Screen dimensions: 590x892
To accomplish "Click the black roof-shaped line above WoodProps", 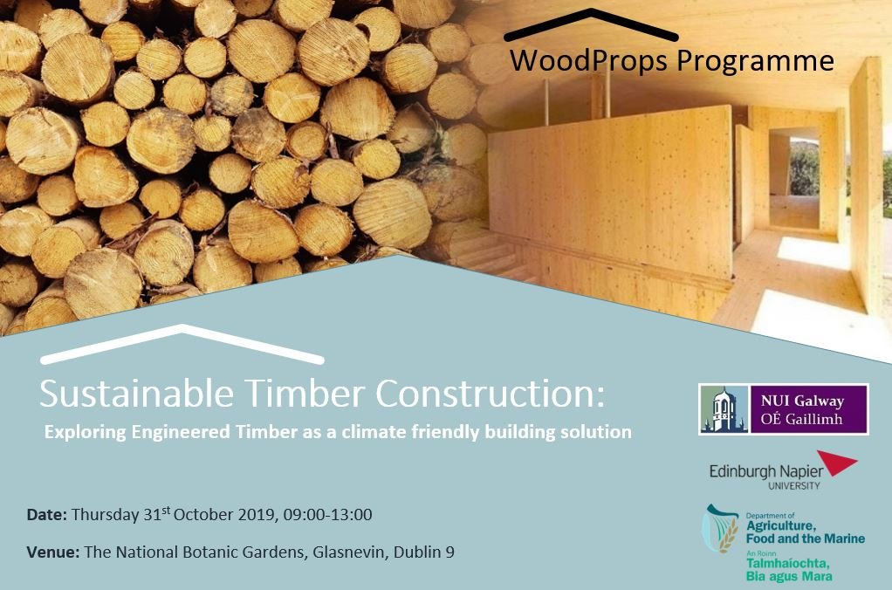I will coord(591,24).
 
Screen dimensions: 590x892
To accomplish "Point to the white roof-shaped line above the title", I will coord(182,343).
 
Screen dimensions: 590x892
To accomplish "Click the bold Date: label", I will coord(46,515).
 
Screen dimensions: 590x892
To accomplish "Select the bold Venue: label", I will coord(52,552).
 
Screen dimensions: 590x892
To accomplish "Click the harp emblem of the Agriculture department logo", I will coord(721,529).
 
